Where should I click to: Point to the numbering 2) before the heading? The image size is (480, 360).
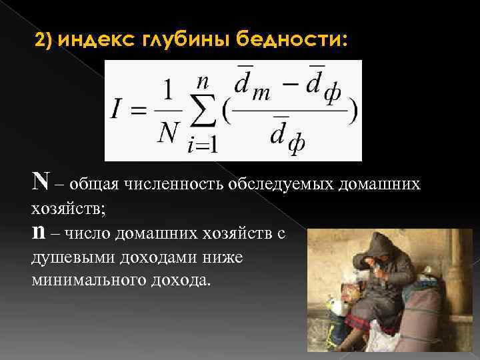45,41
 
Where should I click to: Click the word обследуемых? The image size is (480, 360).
277,183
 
